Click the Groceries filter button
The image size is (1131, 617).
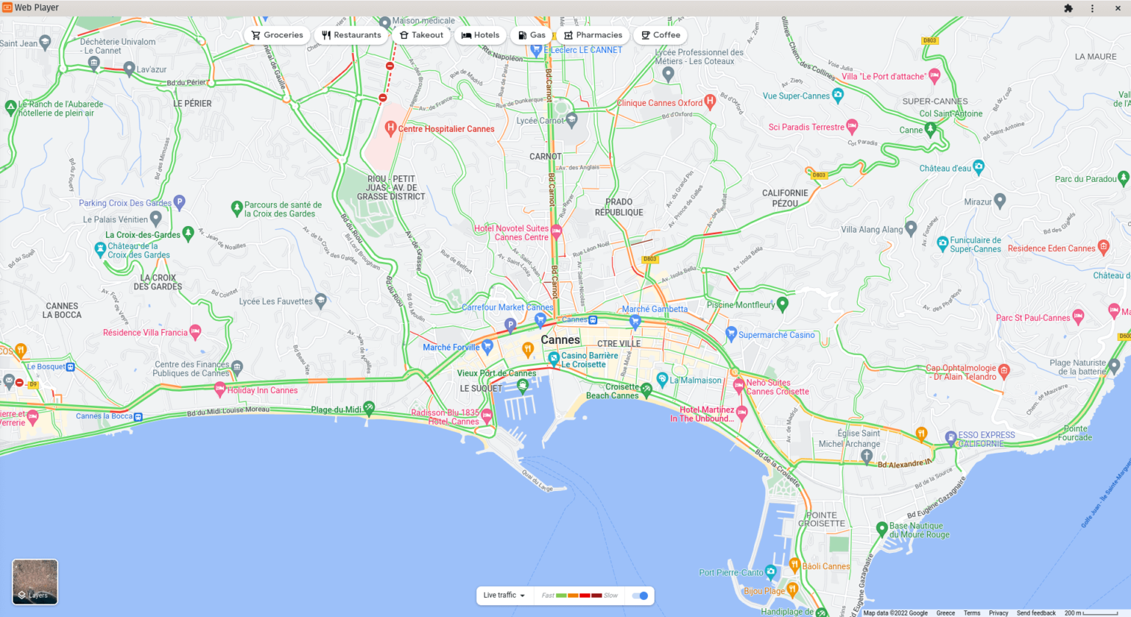tap(277, 35)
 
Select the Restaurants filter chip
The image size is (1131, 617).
tap(351, 35)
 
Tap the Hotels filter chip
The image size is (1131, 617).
tap(480, 35)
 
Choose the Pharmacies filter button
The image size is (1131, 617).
tap(593, 35)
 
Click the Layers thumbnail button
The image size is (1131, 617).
tap(35, 582)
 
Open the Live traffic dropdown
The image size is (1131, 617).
tap(504, 596)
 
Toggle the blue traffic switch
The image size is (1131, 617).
tap(641, 596)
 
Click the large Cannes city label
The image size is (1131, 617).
tap(560, 340)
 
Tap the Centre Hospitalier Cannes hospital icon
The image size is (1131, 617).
tap(391, 129)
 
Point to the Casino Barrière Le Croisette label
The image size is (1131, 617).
tap(589, 360)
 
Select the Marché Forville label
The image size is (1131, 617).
tap(451, 348)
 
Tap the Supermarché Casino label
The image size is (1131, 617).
tap(776, 335)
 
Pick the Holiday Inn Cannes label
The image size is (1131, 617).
tap(262, 391)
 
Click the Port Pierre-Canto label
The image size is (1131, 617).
tap(731, 573)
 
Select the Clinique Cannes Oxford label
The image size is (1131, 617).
tap(659, 103)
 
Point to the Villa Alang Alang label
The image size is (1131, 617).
tap(872, 230)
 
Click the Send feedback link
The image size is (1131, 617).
tap(1036, 613)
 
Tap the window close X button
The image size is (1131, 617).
tap(1118, 8)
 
